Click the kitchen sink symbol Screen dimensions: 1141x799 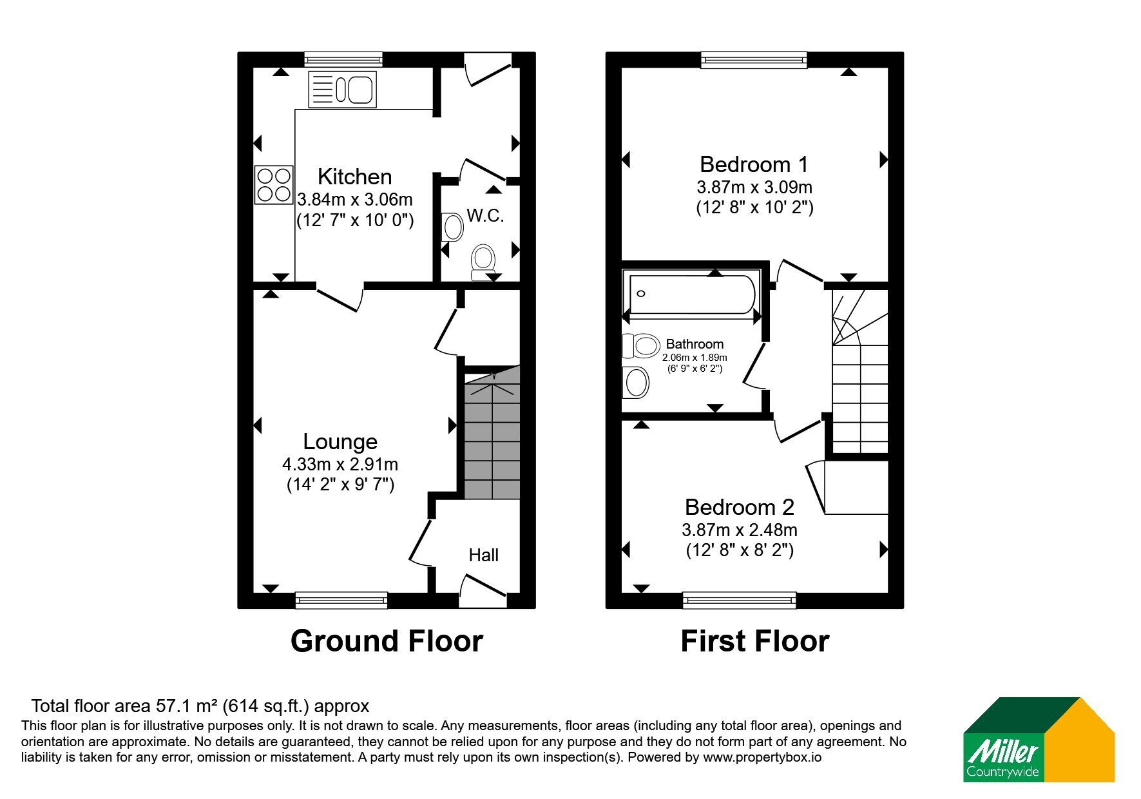pos(342,90)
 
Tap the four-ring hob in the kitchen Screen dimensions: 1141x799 pos(274,185)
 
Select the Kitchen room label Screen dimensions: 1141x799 pos(354,177)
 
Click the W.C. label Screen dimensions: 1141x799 pos(485,215)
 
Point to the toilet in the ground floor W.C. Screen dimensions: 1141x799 pos(483,262)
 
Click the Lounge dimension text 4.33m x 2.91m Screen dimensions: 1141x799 pos(340,464)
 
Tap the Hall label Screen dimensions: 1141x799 pos(483,555)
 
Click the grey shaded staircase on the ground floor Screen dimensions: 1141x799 pos(492,432)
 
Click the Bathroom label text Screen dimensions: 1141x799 pos(695,344)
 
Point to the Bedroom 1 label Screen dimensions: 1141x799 pos(754,164)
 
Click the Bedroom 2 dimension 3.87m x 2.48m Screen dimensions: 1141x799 pos(740,530)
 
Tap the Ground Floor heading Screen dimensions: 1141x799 pos(387,641)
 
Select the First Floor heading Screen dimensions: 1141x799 pos(755,641)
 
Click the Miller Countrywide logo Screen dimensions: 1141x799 pos(1039,740)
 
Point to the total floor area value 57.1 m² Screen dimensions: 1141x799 pos(186,706)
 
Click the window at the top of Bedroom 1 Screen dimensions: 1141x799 pos(754,60)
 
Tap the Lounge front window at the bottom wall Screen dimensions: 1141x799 pos(341,601)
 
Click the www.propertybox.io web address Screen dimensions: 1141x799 pos(762,758)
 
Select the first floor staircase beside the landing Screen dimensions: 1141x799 pos(860,371)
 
